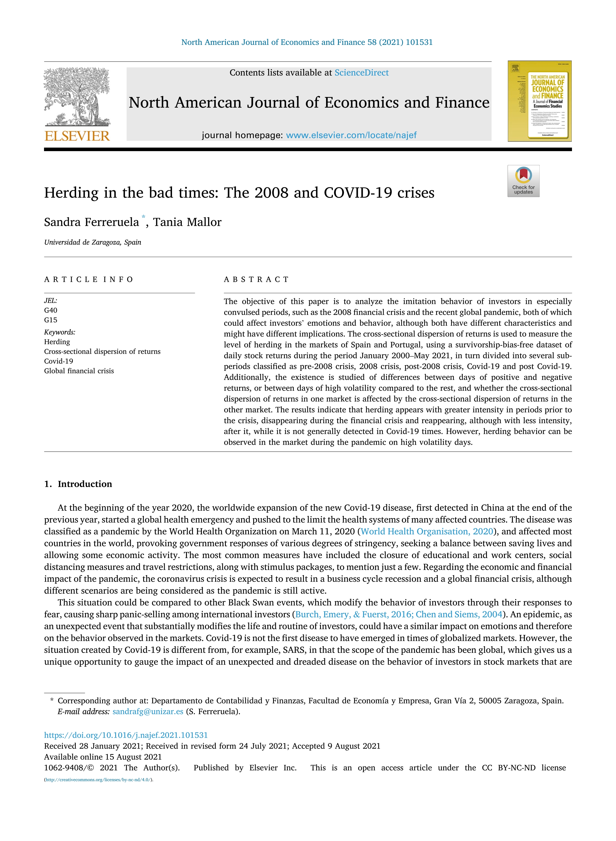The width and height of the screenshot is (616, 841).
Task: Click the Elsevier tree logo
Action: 77,96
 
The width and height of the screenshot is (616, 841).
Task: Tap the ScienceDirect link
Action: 361,73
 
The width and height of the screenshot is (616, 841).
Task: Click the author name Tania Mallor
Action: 187,222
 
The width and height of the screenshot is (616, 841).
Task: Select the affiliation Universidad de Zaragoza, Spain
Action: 92,242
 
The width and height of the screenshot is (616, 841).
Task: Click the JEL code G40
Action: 51,310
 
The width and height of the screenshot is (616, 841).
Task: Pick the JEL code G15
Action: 51,320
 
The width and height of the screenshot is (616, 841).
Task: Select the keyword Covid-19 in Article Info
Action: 58,361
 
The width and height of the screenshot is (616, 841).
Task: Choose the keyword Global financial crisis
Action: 79,371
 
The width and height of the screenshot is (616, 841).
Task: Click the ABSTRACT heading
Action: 256,280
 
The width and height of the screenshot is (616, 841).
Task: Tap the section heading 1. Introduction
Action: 78,484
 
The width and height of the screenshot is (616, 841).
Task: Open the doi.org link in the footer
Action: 126,735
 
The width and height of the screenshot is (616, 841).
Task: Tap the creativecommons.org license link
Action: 98,780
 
